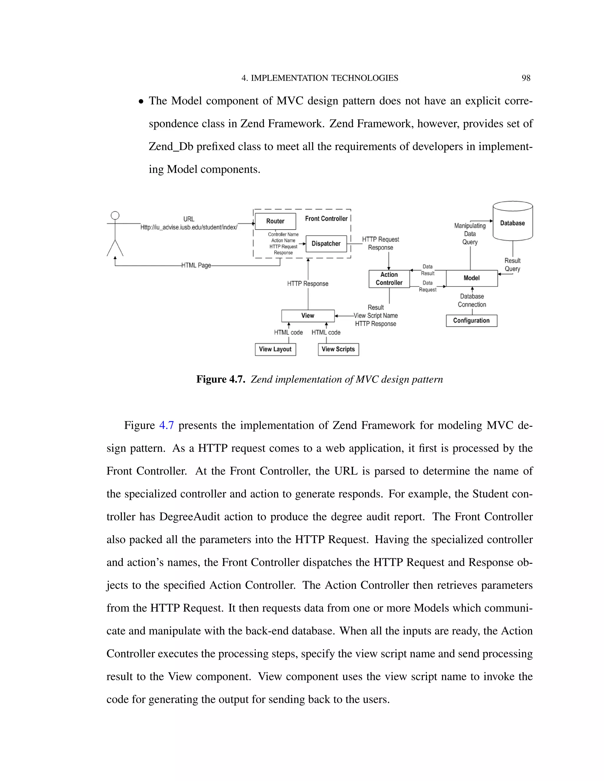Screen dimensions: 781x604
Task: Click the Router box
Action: [275, 221]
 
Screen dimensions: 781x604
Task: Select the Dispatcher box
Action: [326, 243]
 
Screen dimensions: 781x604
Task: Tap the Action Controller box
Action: [389, 279]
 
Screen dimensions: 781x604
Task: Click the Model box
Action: [472, 278]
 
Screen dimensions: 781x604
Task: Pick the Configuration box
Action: [471, 320]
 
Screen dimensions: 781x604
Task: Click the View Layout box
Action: [275, 349]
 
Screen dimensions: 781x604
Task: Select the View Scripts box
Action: [338, 349]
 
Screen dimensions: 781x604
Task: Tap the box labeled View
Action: [308, 315]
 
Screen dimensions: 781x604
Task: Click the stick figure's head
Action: [115, 215]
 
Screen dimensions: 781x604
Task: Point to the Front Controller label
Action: [326, 218]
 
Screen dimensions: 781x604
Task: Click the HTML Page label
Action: [196, 265]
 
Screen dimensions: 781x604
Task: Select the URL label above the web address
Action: [188, 219]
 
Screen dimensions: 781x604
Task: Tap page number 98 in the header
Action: [526, 78]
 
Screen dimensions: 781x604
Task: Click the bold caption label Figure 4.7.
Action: [220, 379]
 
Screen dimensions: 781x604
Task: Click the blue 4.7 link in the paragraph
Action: [166, 425]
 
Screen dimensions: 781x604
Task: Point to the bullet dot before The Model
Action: [141, 102]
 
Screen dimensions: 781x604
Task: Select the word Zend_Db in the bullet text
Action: [171, 146]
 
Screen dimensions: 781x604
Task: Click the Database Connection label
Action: [472, 300]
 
